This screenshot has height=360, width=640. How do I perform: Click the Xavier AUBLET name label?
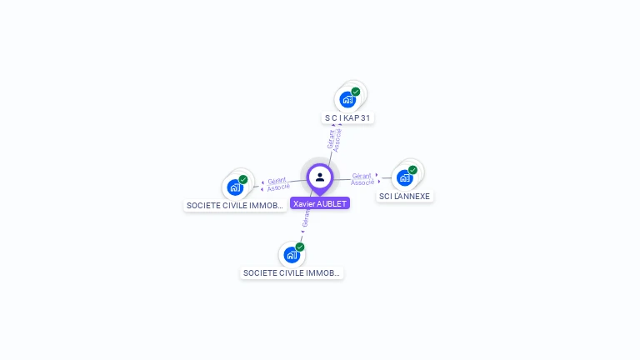pos(320,203)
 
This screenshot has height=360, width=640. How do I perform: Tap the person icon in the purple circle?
pos(320,177)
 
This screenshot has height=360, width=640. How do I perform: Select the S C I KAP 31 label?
pos(347,118)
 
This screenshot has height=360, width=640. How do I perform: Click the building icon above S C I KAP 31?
pos(347,100)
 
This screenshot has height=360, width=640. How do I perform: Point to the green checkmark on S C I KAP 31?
pos(356,92)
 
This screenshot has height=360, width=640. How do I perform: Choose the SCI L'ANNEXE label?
pos(405,197)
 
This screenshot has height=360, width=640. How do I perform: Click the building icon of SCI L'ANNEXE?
pos(405,177)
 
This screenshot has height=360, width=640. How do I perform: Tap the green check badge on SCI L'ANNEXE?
pos(412,170)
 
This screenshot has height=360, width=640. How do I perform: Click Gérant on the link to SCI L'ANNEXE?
pos(362,176)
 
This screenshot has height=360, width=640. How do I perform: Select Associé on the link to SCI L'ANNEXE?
pos(362,182)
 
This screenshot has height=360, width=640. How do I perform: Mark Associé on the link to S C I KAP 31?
pos(337,140)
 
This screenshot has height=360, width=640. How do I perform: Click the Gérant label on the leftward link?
pos(277,180)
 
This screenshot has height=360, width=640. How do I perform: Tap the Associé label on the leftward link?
pos(279,187)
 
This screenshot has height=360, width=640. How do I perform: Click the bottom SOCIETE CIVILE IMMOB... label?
pos(292,272)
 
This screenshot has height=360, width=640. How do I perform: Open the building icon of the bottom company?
pos(292,255)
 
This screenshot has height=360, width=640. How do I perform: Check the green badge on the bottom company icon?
pos(300,247)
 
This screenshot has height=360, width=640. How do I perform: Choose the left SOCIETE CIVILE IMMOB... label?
pos(236,205)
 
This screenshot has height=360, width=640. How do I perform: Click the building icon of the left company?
pos(235,187)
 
